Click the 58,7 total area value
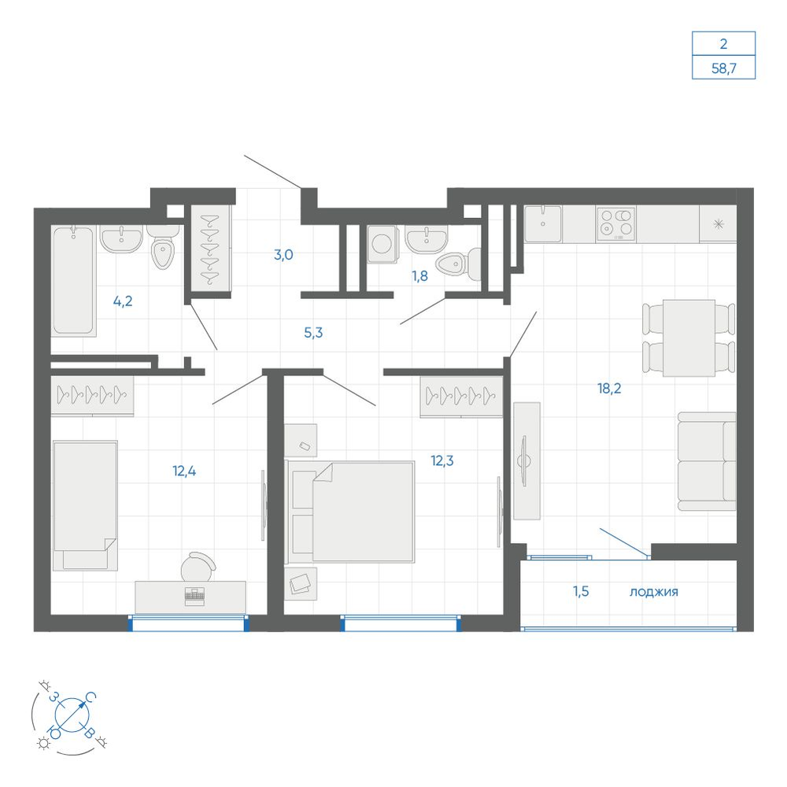click(723, 68)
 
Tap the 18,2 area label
click(609, 388)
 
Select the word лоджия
click(653, 593)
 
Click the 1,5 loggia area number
click(581, 591)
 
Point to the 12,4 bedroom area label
click(184, 471)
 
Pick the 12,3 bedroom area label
click(442, 460)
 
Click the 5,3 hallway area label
click(313, 332)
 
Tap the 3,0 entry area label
click(283, 254)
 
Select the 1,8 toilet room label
click(419, 275)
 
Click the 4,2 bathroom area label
click(123, 301)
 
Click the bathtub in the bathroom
click(73, 280)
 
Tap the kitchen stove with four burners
click(616, 224)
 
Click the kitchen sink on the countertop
click(542, 224)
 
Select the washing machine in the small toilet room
click(382, 244)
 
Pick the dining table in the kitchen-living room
click(689, 338)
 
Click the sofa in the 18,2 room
click(707, 461)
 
